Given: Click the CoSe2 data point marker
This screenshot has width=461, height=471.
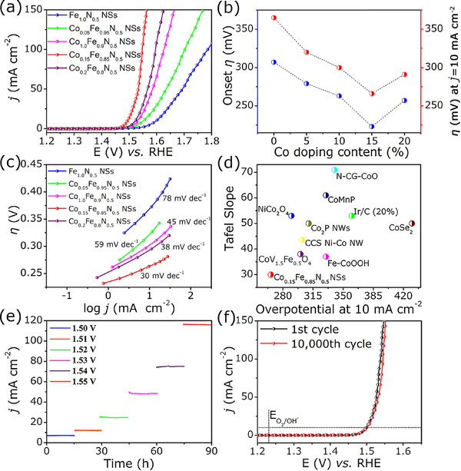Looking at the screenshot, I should coord(412,224).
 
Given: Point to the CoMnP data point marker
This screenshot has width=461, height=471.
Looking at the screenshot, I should coord(326,196).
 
